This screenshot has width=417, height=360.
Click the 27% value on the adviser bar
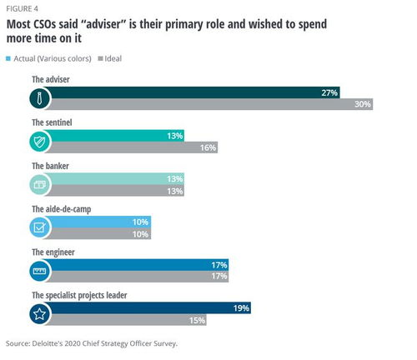(329, 92)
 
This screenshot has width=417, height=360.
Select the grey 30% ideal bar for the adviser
(211, 104)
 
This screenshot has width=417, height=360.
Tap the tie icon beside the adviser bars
(39, 98)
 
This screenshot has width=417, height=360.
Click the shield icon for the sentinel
(39, 142)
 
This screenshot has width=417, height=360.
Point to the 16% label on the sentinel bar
(208, 147)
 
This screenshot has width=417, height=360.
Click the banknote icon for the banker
(40, 185)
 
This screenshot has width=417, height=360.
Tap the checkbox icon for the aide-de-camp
(39, 227)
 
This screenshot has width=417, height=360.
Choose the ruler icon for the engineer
(39, 271)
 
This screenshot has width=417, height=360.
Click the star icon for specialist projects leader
(39, 314)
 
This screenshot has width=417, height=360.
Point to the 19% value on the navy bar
(241, 308)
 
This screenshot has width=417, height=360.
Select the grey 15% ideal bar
(128, 320)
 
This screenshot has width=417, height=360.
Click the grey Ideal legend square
(100, 58)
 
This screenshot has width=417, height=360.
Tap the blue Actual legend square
(8, 58)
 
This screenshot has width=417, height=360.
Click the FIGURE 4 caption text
(22, 9)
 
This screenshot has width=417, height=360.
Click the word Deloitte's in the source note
(48, 343)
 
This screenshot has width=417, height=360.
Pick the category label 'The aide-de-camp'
(62, 209)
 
